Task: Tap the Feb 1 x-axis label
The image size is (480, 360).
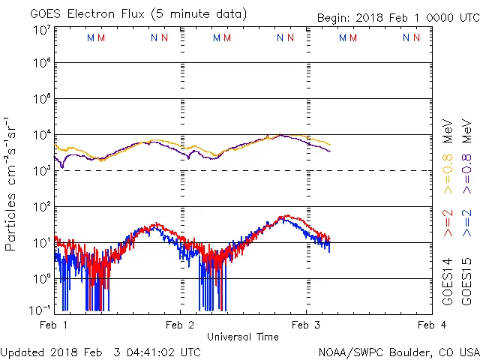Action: coord(54,325)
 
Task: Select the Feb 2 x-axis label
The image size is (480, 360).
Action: coord(180,325)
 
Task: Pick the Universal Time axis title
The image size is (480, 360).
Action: coord(243,337)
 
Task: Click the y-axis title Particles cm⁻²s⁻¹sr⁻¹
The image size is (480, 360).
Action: coord(11,184)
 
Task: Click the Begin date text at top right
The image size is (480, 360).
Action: coord(387,17)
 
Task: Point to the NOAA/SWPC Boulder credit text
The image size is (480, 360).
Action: coord(398,352)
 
